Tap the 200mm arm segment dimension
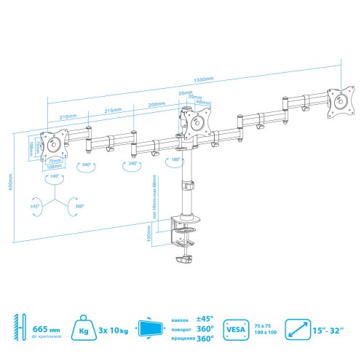tap(155, 104)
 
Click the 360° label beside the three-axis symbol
tap(79, 206)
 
